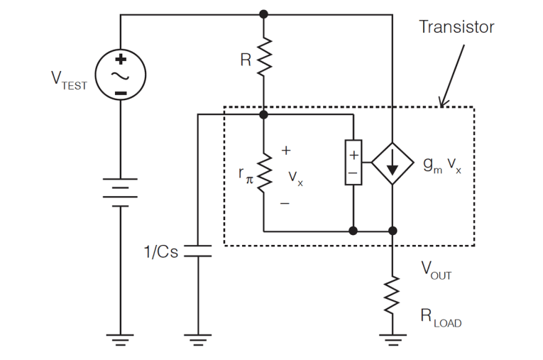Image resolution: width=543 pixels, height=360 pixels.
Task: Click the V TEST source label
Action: point(69,80)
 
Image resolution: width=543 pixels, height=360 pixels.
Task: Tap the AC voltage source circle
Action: point(121,75)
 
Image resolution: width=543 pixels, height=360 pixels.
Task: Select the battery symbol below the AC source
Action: point(121,191)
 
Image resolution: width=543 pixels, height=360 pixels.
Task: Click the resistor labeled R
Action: point(264,58)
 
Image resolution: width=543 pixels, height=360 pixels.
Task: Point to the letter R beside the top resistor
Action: point(246,60)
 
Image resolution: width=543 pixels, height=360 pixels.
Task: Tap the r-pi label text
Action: point(246,174)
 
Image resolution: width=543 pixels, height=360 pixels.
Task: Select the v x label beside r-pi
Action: point(295,178)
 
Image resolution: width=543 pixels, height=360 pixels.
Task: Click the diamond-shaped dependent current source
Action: point(392,164)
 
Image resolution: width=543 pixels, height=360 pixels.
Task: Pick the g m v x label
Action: point(442,165)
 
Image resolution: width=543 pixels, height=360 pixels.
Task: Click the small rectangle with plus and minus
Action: point(353,163)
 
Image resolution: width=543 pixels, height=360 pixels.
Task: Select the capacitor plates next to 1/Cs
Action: point(198,251)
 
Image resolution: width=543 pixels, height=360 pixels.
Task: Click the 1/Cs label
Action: point(160,251)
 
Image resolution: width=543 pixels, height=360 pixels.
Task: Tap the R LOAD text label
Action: point(441,319)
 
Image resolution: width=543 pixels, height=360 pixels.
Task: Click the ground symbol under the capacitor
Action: point(198,339)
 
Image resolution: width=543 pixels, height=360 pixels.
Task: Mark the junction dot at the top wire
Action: point(264,13)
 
